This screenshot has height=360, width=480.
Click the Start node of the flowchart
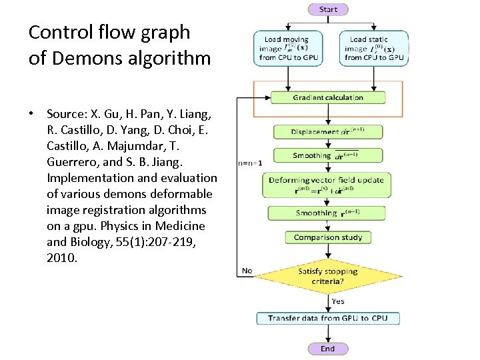[328, 9]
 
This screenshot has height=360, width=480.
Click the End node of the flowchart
[327, 349]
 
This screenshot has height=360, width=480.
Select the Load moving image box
[287, 48]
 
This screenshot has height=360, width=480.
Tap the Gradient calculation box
[327, 97]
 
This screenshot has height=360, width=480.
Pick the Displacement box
[327, 131]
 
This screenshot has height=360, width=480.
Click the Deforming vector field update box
[327, 185]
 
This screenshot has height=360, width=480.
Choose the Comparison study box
[327, 237]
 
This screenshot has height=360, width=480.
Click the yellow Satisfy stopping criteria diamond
[327, 276]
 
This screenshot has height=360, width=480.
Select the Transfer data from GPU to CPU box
[327, 318]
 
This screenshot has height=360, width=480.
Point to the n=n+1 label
[250, 163]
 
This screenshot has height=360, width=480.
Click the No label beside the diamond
[247, 271]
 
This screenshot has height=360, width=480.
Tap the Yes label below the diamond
[338, 301]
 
